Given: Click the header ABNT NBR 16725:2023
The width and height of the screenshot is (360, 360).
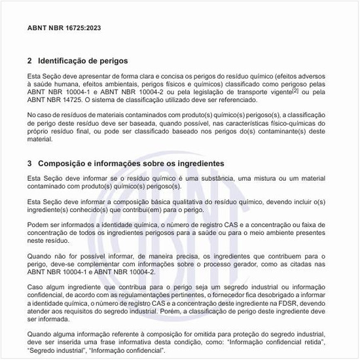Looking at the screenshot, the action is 64,28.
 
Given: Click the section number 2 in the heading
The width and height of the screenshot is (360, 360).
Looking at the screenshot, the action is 29,60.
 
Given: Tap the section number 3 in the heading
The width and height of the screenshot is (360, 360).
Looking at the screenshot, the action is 29,163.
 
